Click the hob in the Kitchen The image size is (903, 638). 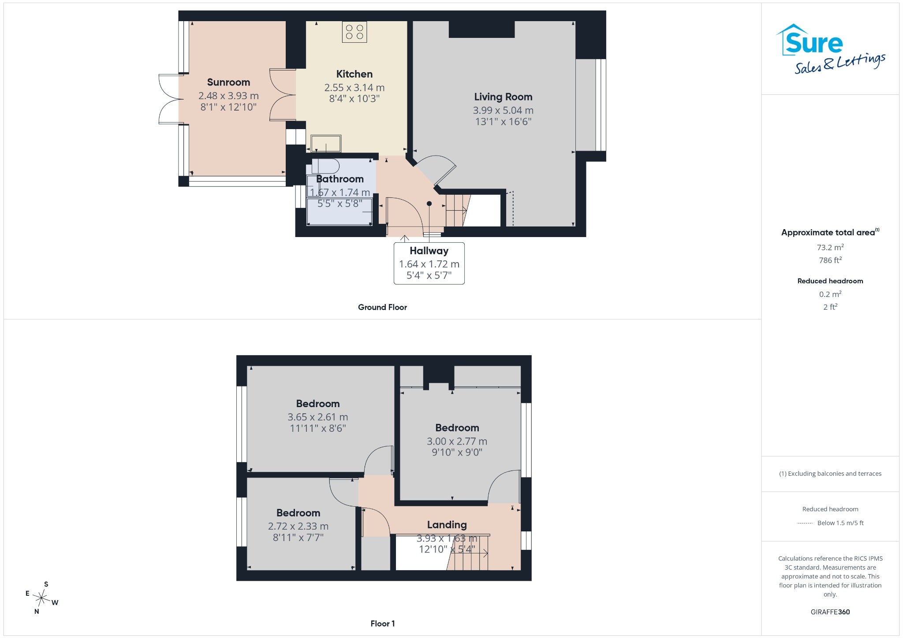click(x=354, y=32)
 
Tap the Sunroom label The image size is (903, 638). click(x=228, y=82)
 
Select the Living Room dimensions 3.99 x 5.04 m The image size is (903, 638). click(x=503, y=111)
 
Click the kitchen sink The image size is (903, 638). click(x=326, y=144)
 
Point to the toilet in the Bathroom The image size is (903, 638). click(x=325, y=167)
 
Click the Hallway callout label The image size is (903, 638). click(x=429, y=251)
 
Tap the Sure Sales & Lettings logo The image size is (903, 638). click(x=830, y=49)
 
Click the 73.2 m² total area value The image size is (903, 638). click(x=830, y=248)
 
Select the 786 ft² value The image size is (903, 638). click(x=830, y=260)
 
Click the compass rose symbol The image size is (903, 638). click(x=42, y=598)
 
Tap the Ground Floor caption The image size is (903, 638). click(x=382, y=308)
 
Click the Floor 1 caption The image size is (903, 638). click(x=383, y=623)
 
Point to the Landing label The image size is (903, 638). click(x=447, y=525)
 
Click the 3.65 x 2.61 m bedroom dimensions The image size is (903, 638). click(x=318, y=417)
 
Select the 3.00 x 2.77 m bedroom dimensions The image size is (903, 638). click(x=457, y=441)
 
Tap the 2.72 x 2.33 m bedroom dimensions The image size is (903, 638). click(x=298, y=527)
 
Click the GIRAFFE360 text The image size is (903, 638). click(x=830, y=612)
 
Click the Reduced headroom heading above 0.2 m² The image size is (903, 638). click(x=830, y=281)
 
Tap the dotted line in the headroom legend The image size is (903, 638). click(x=805, y=523)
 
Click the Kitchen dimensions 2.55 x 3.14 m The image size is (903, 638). click(x=354, y=88)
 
